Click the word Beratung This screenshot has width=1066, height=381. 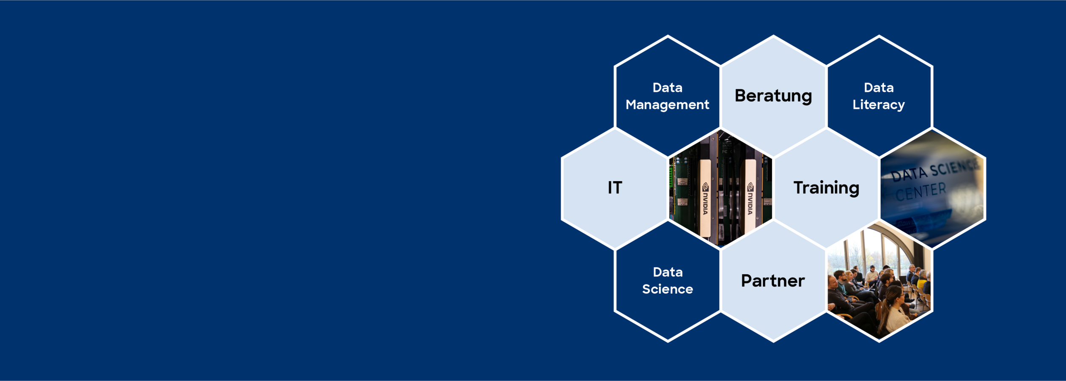point(773,96)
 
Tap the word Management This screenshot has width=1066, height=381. point(668,105)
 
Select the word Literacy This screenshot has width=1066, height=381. point(879,105)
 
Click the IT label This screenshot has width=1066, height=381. point(615,188)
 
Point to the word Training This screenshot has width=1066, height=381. point(826,188)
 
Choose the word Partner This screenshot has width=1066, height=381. point(773,281)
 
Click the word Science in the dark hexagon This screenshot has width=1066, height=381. point(668,289)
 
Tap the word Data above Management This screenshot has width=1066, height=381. point(668,88)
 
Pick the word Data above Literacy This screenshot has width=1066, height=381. point(879,88)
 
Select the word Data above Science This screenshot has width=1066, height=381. point(668,272)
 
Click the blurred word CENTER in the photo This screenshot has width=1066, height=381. point(921,192)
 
